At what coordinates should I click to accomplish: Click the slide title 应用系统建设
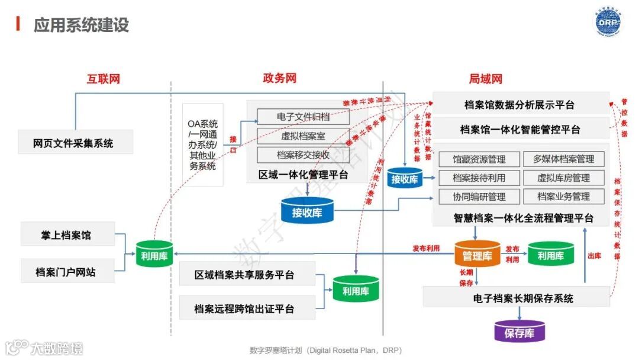(81, 25)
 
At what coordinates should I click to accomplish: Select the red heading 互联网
(103, 79)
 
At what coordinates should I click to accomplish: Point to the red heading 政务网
(279, 78)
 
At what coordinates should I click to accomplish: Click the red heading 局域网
(485, 79)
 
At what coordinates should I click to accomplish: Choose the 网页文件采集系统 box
(74, 143)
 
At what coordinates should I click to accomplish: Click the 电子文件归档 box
(303, 117)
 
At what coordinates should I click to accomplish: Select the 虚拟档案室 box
(303, 136)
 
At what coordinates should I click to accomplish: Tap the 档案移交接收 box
(303, 155)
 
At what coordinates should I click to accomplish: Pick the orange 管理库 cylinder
(477, 255)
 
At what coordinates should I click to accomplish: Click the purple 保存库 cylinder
(519, 333)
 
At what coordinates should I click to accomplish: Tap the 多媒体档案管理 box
(563, 159)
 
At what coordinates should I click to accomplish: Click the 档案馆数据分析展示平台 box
(519, 105)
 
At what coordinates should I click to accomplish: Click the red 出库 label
(595, 256)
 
